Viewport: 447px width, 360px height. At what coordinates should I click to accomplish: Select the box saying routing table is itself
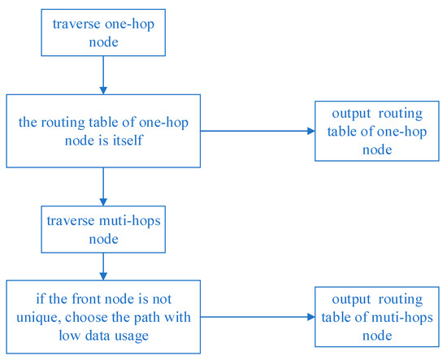coord(102,131)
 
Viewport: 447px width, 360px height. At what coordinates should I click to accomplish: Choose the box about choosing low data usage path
coord(102,315)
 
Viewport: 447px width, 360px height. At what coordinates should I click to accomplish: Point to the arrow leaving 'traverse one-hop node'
coord(102,74)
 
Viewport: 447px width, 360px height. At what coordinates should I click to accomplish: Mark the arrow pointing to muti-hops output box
coord(256,316)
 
